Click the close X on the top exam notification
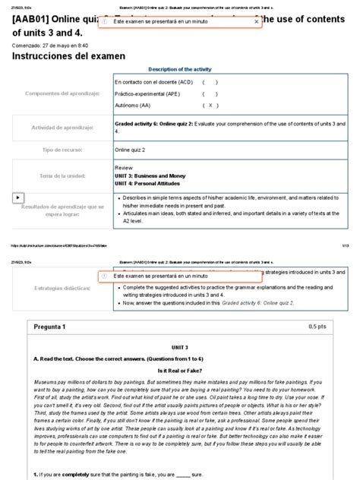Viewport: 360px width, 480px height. [256, 22]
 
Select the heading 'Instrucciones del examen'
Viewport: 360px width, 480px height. [66, 57]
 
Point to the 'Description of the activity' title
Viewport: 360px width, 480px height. [181, 69]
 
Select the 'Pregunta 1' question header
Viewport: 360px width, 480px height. [50, 326]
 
